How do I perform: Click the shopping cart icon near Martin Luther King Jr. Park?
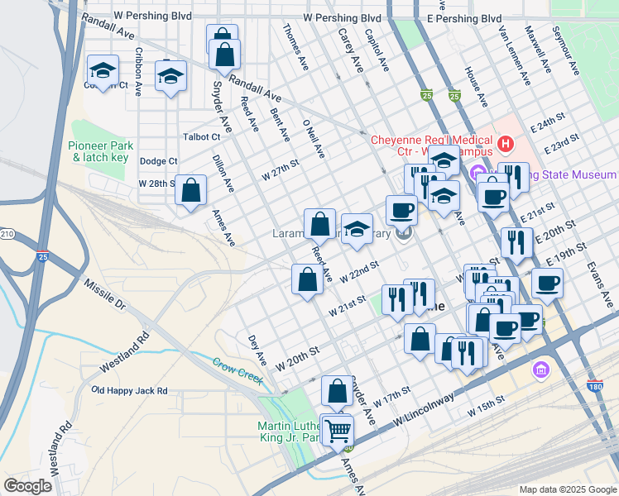click(338, 430)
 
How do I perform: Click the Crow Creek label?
click(238, 370)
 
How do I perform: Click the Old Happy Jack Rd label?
click(129, 390)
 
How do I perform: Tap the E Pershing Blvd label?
click(464, 18)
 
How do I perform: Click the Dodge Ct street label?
click(159, 161)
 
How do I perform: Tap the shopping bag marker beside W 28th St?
click(191, 190)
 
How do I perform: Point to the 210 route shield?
click(3, 235)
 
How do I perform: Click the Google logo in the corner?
click(27, 486)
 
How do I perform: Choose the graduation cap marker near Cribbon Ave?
click(103, 70)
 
